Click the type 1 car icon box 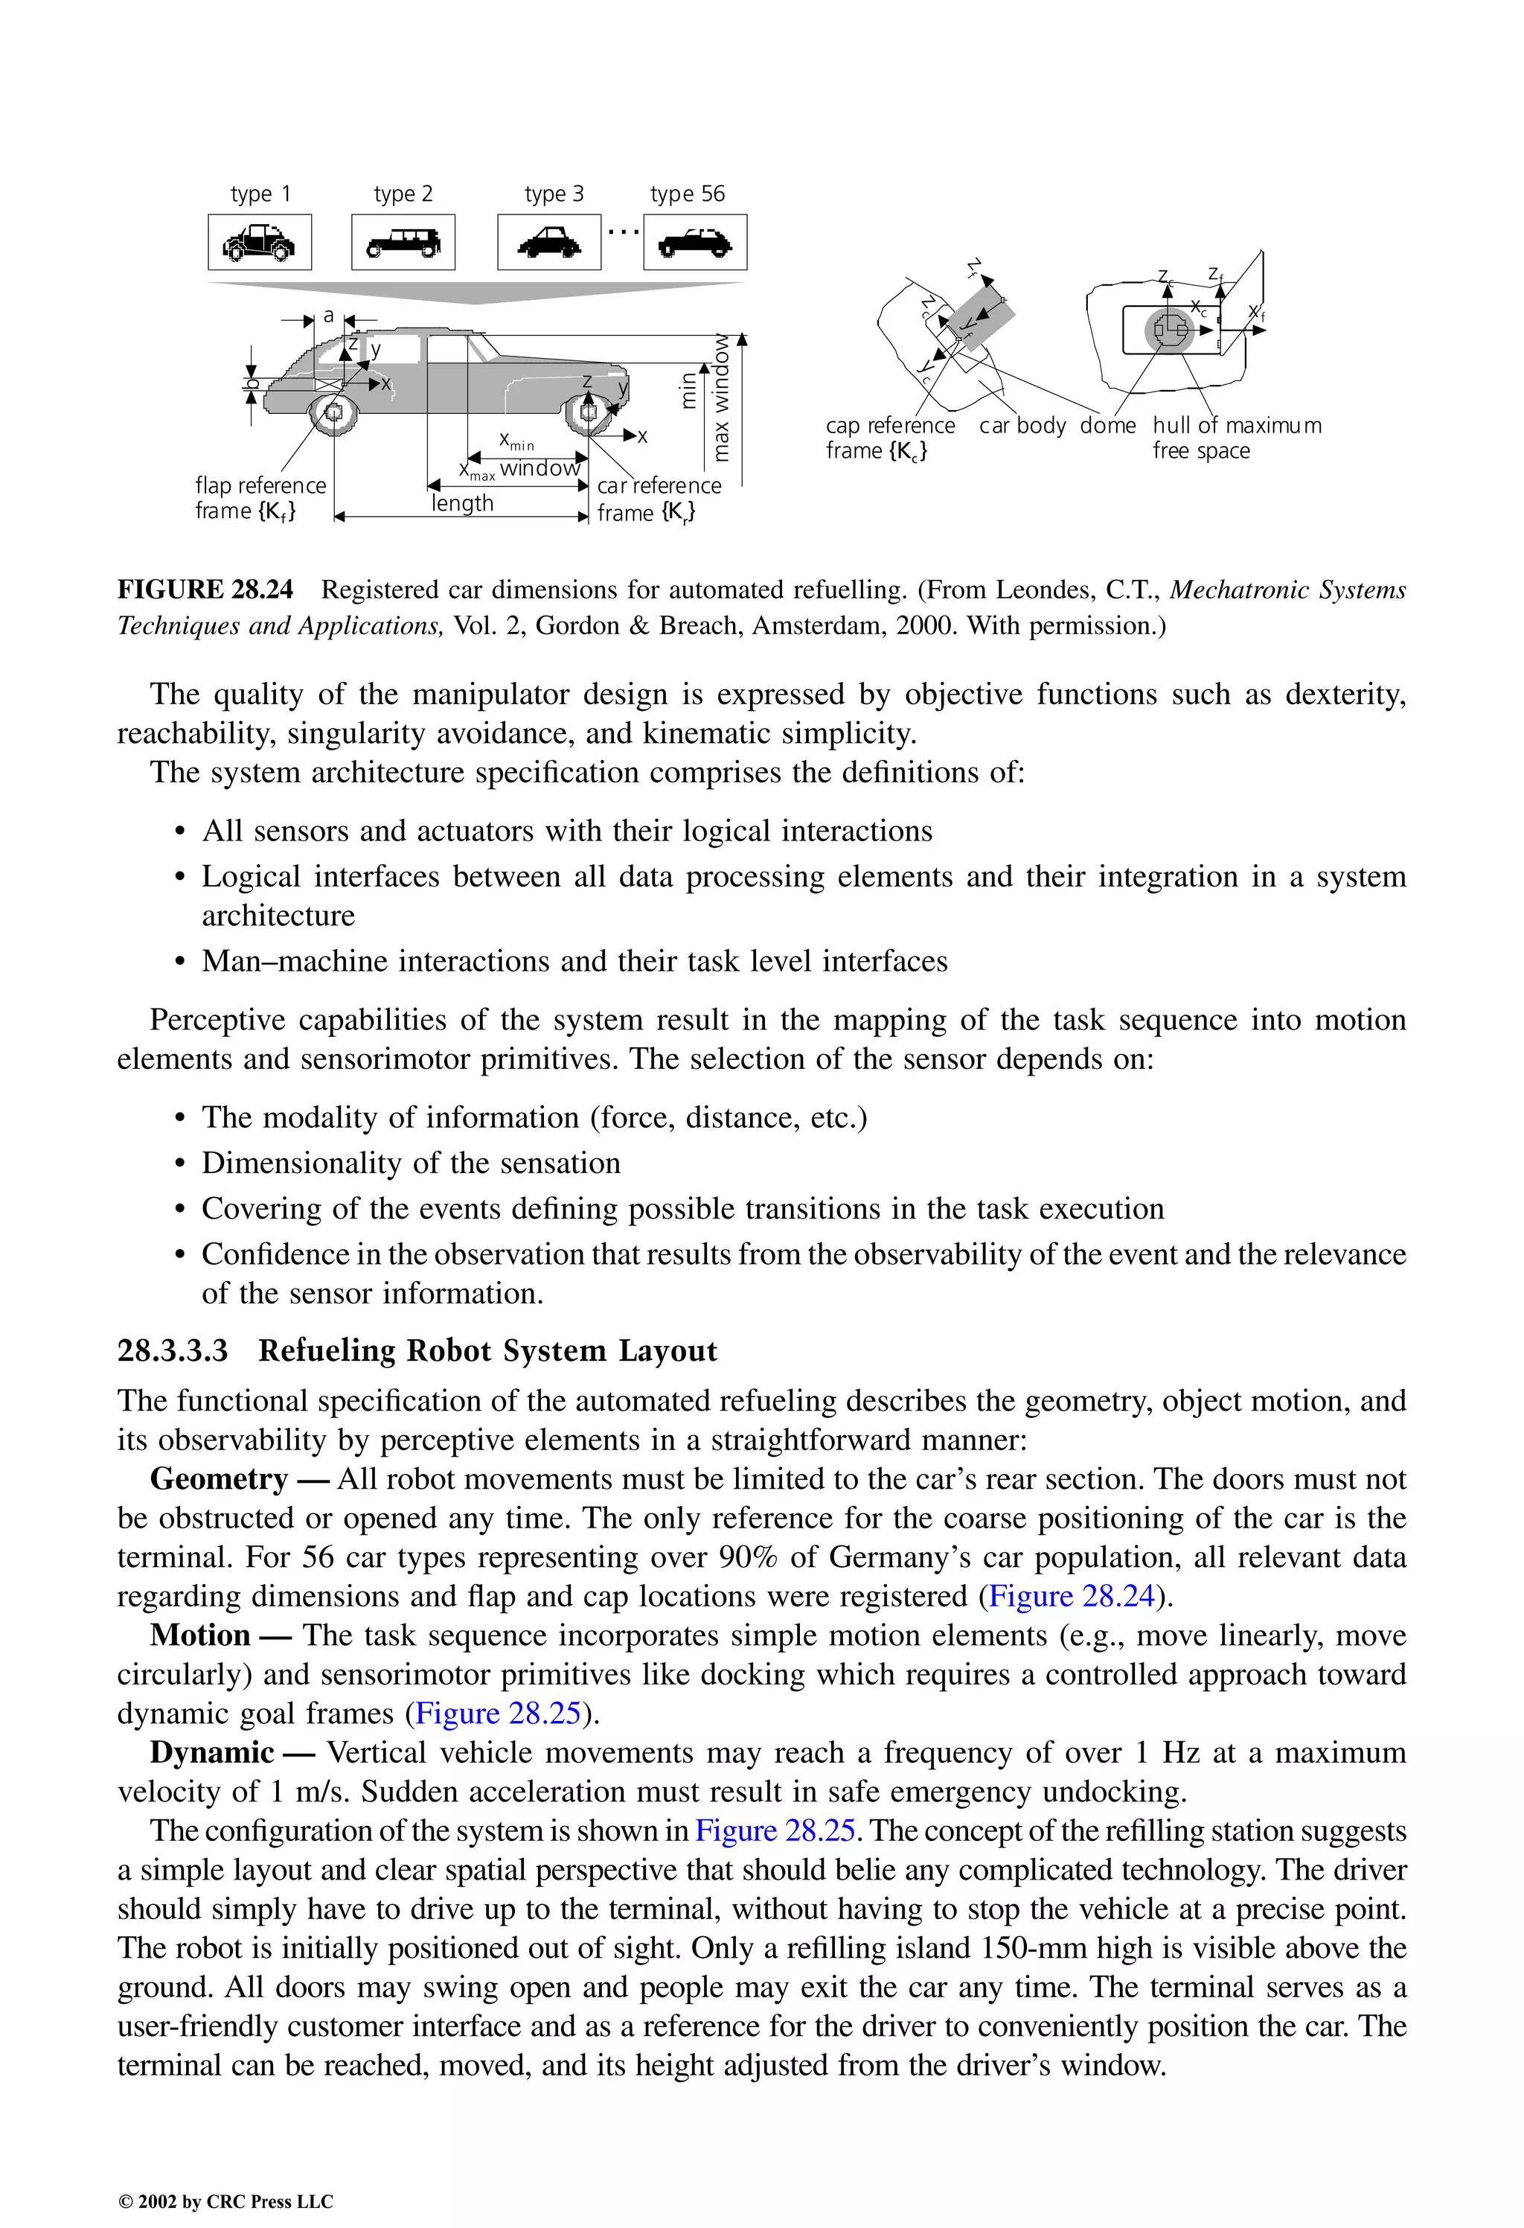(259, 243)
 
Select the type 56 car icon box (695, 243)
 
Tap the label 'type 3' (553, 194)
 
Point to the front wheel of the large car (588, 413)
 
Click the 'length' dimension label (462, 503)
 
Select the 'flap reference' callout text (260, 486)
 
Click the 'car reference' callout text (659, 486)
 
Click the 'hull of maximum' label (1237, 426)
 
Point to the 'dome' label (1107, 426)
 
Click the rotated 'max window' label (721, 397)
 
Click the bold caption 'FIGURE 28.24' (205, 590)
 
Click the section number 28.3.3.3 (173, 1351)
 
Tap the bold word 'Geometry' (219, 1478)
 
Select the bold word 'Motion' (199, 1635)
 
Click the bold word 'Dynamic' (212, 1752)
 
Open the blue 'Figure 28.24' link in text (1071, 1596)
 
